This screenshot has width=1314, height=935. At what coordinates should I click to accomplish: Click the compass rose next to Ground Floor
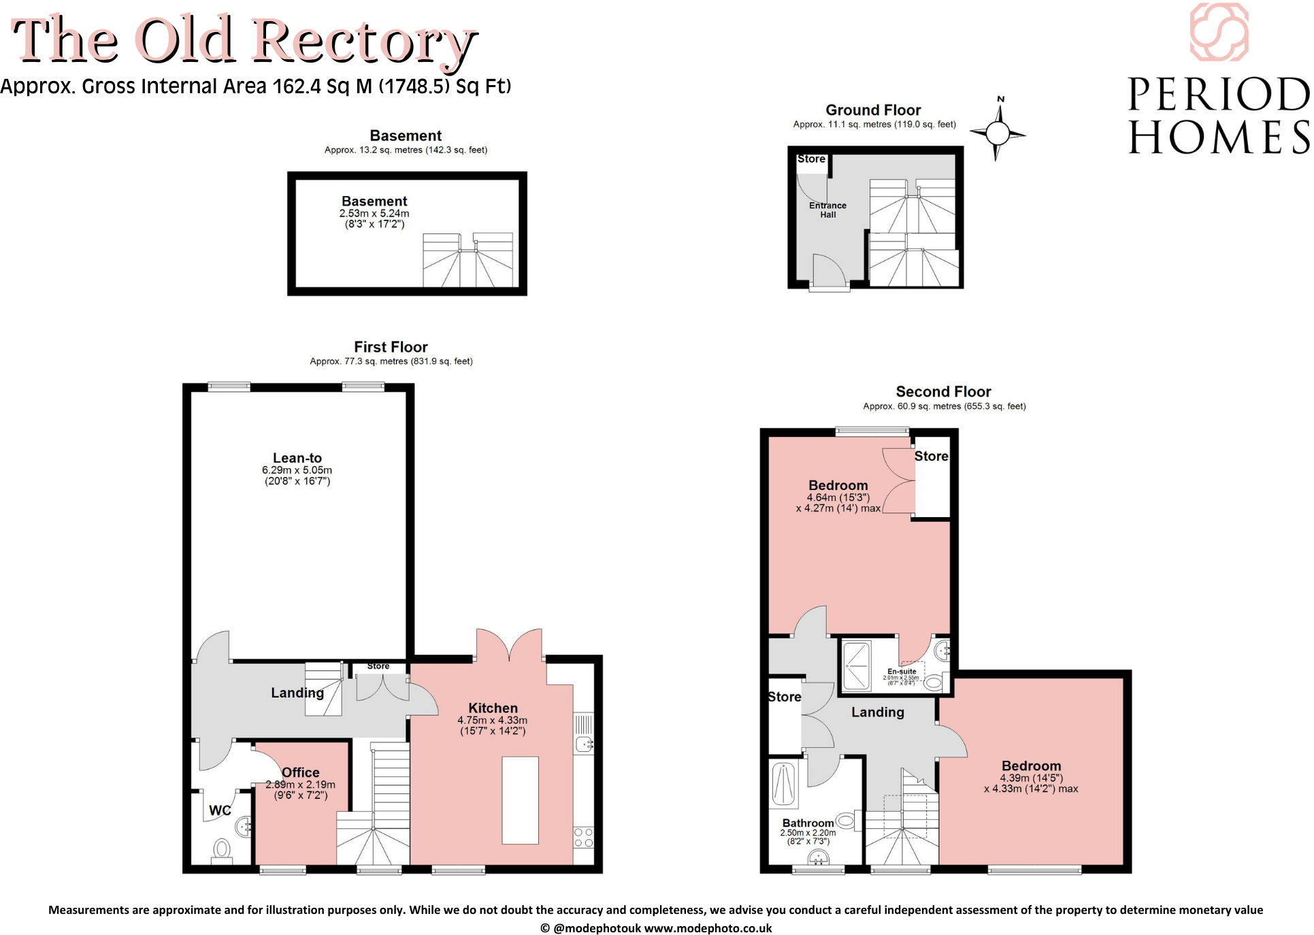pyautogui.click(x=998, y=132)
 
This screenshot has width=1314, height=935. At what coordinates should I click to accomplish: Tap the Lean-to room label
pyautogui.click(x=297, y=458)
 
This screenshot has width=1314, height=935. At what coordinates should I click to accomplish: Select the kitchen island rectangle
pyautogui.click(x=520, y=800)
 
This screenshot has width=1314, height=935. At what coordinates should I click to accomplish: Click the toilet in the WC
pyautogui.click(x=221, y=849)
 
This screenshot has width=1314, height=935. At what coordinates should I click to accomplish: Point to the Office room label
pyautogui.click(x=301, y=772)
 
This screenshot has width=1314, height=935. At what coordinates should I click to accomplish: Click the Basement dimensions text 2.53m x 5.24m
pyautogui.click(x=374, y=213)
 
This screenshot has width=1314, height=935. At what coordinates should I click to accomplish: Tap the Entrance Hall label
pyautogui.click(x=827, y=210)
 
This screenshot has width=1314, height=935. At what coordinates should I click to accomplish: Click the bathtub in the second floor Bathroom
pyautogui.click(x=785, y=784)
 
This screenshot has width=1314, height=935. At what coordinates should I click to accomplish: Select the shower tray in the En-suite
pyautogui.click(x=857, y=666)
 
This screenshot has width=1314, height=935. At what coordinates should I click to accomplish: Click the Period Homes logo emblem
pyautogui.click(x=1219, y=32)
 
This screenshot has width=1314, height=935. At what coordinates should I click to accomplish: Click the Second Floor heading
pyautogui.click(x=943, y=391)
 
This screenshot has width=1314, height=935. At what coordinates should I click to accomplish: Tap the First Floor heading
pyautogui.click(x=391, y=346)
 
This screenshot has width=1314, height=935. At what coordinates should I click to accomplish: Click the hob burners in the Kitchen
pyautogui.click(x=583, y=837)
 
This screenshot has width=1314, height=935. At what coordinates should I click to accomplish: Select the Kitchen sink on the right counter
pyautogui.click(x=584, y=743)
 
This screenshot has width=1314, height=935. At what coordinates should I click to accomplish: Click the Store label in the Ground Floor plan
pyautogui.click(x=811, y=159)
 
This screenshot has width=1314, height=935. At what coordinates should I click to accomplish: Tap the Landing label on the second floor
pyautogui.click(x=877, y=712)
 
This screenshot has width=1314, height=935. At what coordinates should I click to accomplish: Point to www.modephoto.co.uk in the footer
pyautogui.click(x=708, y=928)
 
